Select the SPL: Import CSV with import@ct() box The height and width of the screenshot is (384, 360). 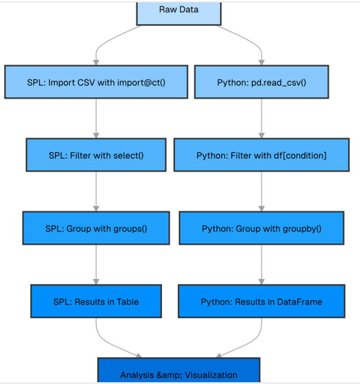tap(96, 82)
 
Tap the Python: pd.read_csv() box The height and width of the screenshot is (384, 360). tap(261, 82)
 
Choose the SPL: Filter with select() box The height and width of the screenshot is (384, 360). tap(96, 155)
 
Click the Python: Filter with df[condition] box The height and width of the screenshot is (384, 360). tap(261, 155)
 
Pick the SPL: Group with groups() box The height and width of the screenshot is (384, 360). tap(96, 228)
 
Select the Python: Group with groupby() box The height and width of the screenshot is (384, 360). tap(261, 228)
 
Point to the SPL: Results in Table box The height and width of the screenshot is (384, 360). tap(96, 301)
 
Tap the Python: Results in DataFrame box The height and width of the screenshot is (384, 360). tap(261, 301)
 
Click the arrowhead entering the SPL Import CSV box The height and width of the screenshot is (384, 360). tap(96, 62)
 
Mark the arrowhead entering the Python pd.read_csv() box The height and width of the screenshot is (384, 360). tap(261, 62)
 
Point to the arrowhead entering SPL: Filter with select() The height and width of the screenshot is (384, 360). tap(96, 135)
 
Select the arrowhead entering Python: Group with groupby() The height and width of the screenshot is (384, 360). tap(261, 209)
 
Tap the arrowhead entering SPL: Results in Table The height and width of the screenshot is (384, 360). tap(96, 281)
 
